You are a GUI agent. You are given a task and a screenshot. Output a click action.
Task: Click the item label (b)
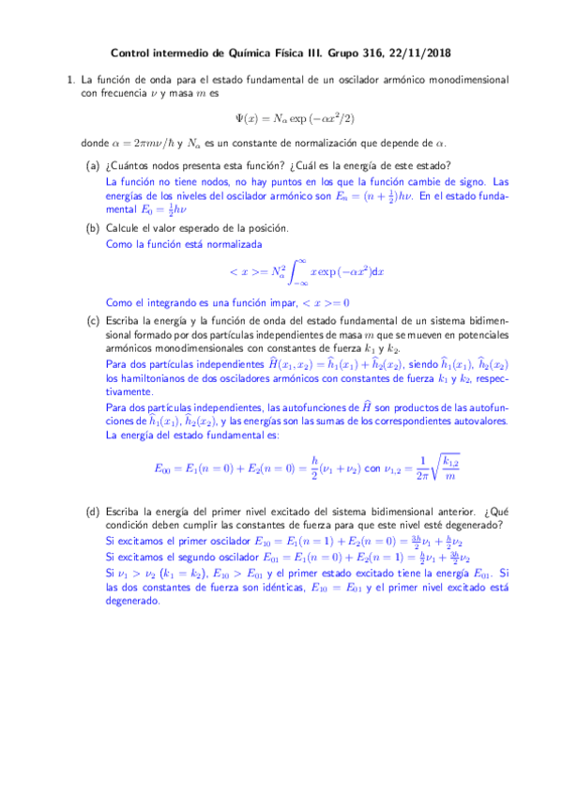click(x=93, y=228)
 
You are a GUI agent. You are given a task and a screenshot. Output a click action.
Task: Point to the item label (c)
click(x=93, y=319)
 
